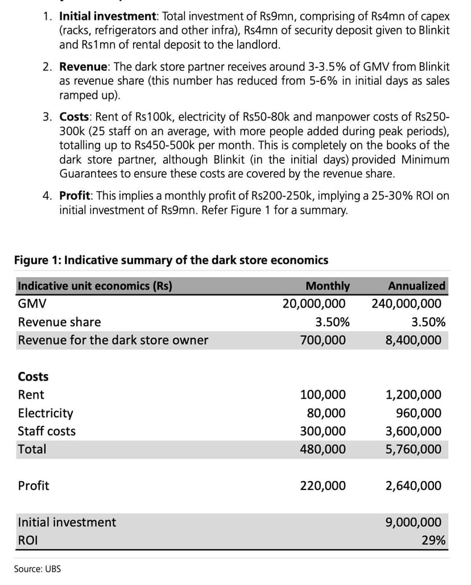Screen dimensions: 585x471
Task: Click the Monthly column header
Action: point(328,285)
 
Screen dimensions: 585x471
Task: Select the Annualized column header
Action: point(416,285)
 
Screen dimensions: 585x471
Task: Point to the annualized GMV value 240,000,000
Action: point(406,304)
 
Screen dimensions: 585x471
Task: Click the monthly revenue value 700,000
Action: point(323,340)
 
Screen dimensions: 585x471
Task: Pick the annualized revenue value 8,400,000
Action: point(413,340)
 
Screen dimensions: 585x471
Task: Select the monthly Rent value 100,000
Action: point(323,395)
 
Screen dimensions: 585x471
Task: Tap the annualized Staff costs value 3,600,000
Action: point(413,431)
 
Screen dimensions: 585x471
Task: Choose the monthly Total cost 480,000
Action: point(323,449)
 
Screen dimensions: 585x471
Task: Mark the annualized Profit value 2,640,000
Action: point(413,486)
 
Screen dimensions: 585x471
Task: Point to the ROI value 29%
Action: point(433,540)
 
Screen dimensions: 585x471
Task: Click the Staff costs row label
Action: point(47,431)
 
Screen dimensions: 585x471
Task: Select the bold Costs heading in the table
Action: point(34,376)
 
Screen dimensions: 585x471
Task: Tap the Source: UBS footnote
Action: point(38,569)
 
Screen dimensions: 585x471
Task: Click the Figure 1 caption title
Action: point(171,260)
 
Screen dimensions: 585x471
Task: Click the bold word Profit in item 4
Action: point(75,196)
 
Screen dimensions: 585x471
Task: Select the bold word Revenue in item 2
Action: point(84,67)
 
